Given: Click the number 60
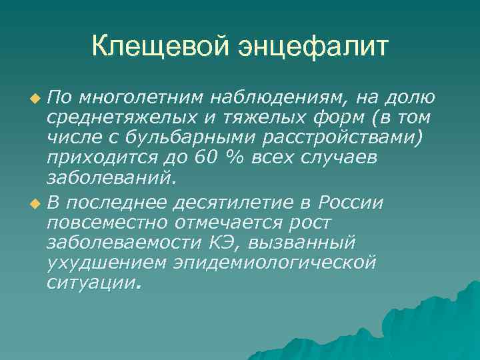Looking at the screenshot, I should pyautogui.click(x=202, y=159).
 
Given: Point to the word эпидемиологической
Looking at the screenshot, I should pyautogui.click(x=274, y=261).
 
